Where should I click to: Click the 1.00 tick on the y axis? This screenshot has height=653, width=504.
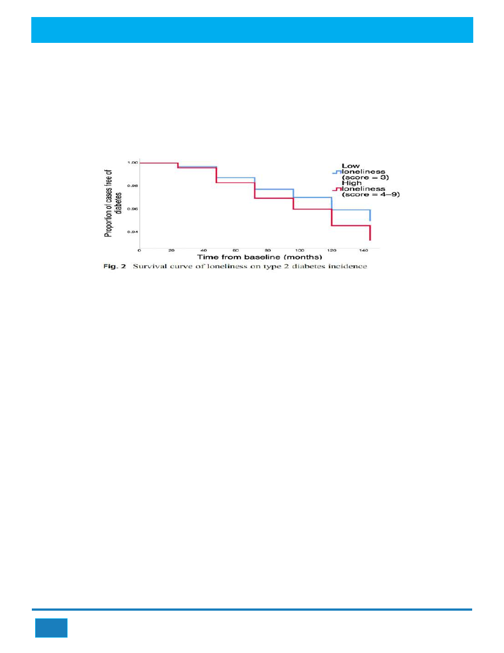point(132,163)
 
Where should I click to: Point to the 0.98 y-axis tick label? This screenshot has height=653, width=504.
point(132,186)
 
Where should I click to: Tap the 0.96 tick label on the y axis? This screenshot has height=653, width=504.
point(132,209)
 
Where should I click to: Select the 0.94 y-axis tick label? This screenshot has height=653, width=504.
point(132,232)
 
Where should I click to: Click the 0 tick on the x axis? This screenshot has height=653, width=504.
point(139,251)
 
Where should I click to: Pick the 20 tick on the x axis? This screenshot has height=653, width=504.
point(171,251)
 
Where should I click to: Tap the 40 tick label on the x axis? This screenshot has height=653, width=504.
point(204,251)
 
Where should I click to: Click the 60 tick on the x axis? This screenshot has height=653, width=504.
point(236,251)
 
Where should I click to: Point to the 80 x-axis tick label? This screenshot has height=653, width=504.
point(267,251)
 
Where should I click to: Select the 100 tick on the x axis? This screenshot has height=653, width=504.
point(299,251)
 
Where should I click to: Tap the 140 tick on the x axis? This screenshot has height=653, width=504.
point(363,251)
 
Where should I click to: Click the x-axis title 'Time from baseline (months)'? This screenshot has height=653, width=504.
point(252,257)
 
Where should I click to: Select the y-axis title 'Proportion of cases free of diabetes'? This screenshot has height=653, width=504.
point(112,204)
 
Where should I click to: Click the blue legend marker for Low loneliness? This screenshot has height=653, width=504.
point(335,172)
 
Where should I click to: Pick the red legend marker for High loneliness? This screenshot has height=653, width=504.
point(335,190)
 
